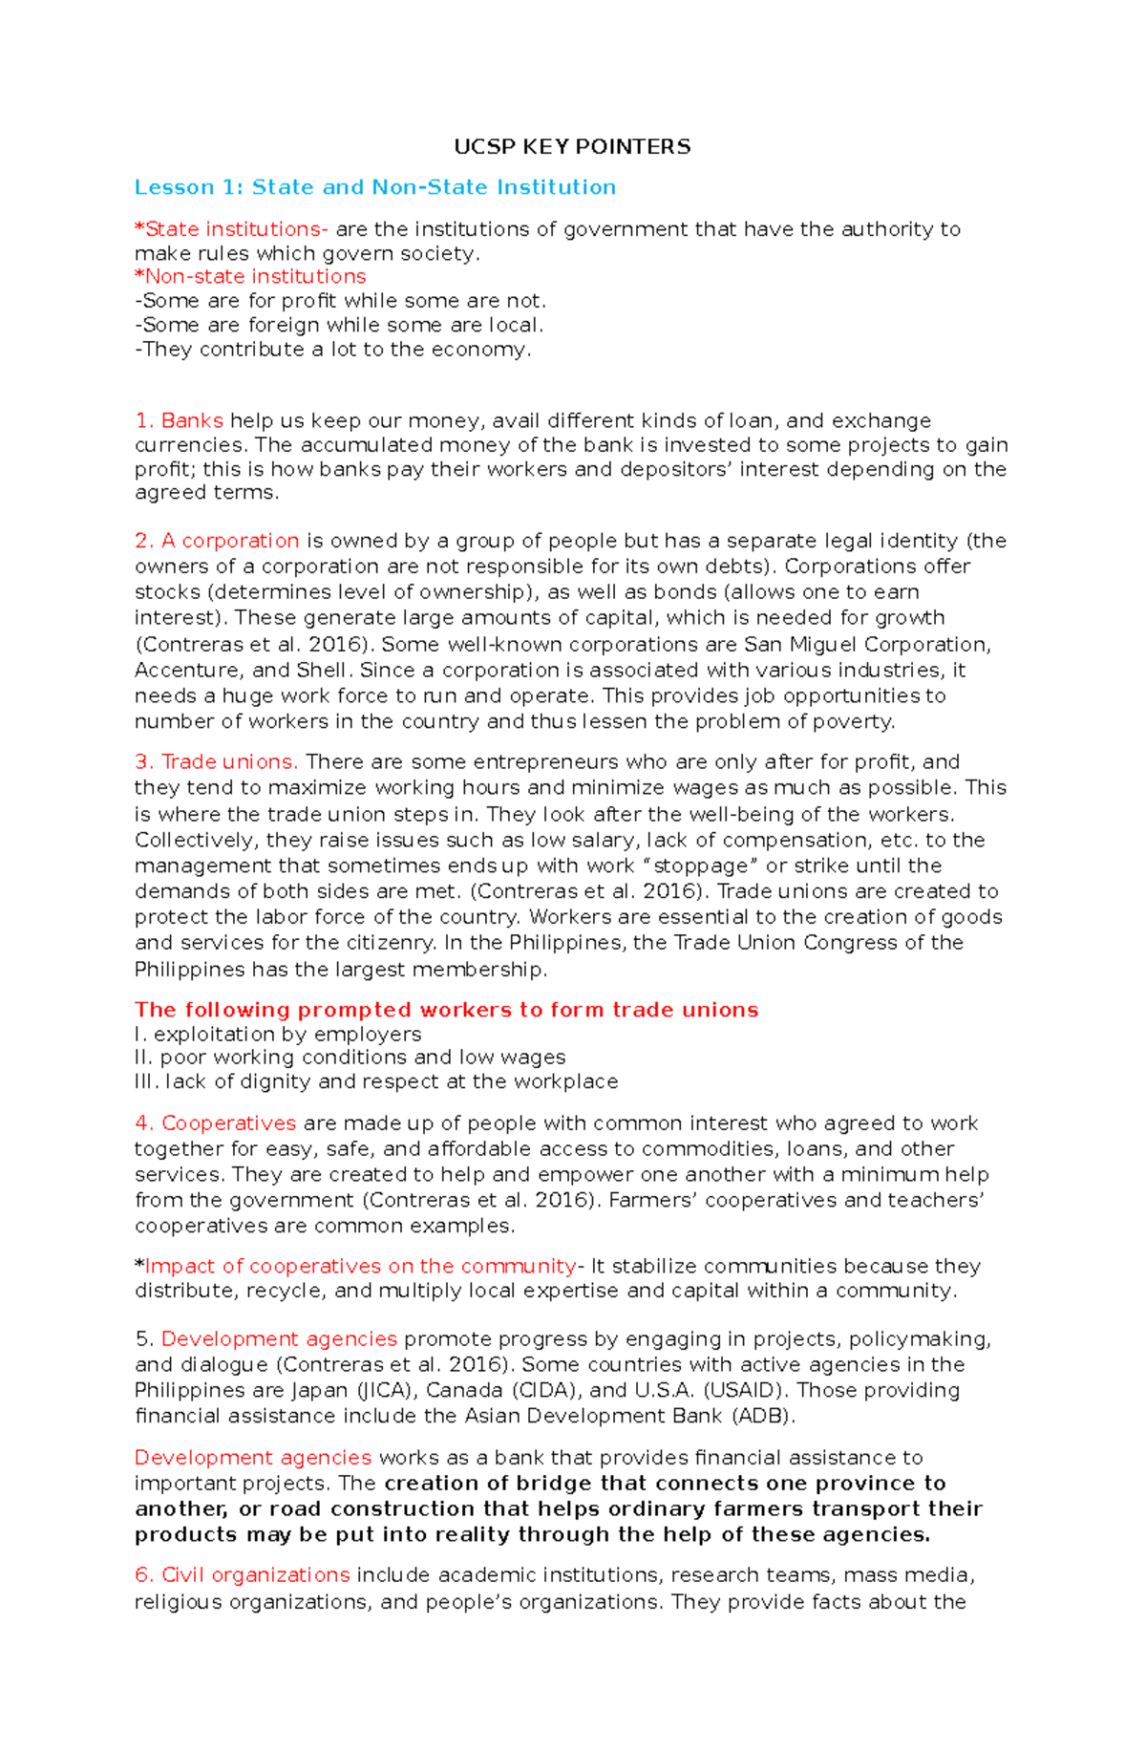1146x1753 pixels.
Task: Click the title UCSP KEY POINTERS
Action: point(572,147)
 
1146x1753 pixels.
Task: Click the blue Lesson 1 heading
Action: point(374,187)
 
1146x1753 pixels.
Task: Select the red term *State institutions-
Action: point(231,229)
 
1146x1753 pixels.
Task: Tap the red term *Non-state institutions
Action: point(250,277)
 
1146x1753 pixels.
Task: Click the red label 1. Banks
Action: point(180,421)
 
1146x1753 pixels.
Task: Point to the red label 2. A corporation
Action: point(217,541)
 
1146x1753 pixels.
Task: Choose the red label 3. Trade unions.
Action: point(217,762)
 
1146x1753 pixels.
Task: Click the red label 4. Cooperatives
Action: point(216,1123)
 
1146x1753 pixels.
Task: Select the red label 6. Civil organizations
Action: point(243,1575)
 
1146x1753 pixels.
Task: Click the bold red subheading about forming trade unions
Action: point(446,1011)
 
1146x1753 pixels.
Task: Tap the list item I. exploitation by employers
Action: point(278,1035)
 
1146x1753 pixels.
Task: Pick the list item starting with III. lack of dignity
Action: point(376,1082)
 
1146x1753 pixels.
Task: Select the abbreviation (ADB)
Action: point(763,1417)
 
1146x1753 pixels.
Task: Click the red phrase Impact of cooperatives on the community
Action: point(360,1267)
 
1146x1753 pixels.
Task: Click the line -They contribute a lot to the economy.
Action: point(332,350)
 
